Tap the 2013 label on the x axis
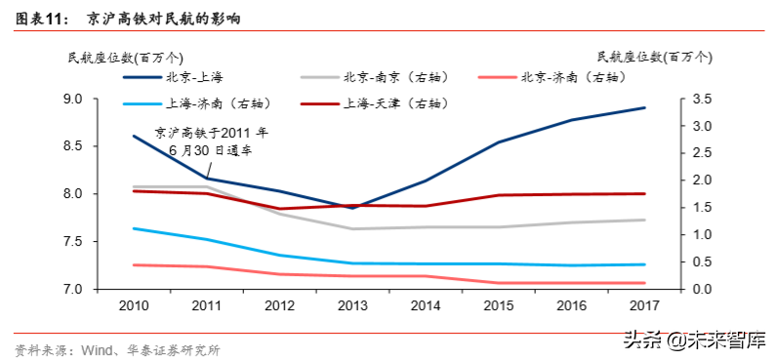pyautogui.click(x=353, y=306)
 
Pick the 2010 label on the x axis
pyautogui.click(x=134, y=306)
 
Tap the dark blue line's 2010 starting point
pyautogui.click(x=134, y=136)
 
